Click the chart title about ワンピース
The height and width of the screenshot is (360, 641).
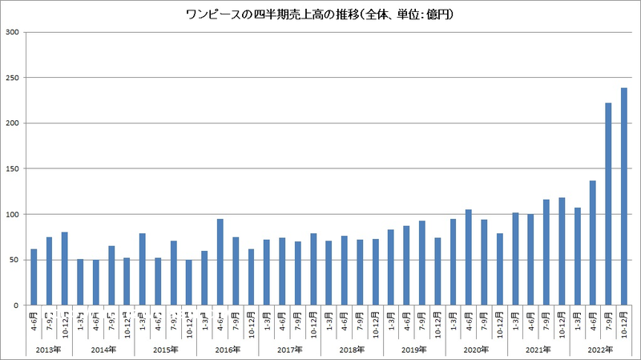tap(320, 14)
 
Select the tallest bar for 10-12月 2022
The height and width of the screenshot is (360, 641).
tap(623, 196)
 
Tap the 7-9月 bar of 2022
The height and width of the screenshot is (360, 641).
tap(608, 204)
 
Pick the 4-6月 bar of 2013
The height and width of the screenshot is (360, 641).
tap(34, 277)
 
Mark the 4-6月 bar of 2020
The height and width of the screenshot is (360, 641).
tap(469, 257)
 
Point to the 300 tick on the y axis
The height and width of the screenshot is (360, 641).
tap(14, 32)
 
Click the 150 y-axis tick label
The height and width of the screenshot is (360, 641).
tap(14, 169)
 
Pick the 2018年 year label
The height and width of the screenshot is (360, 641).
tap(352, 350)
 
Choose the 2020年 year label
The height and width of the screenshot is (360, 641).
tap(476, 350)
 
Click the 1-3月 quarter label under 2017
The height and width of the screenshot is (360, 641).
tap(267, 322)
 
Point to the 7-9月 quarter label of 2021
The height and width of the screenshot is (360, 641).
tap(546, 322)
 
